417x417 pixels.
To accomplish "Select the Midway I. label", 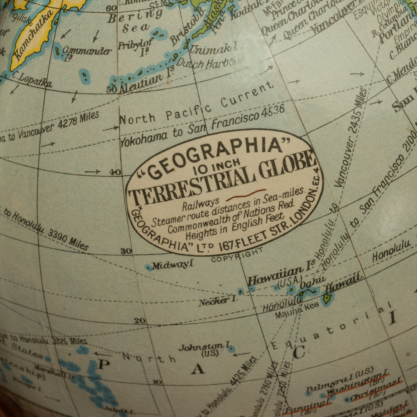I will [x=173, y=265].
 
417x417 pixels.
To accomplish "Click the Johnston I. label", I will [x=203, y=348].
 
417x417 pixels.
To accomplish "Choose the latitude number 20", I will [x=140, y=321].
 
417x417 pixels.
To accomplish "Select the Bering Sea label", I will [x=135, y=22].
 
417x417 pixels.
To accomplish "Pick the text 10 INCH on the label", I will [x=217, y=166].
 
